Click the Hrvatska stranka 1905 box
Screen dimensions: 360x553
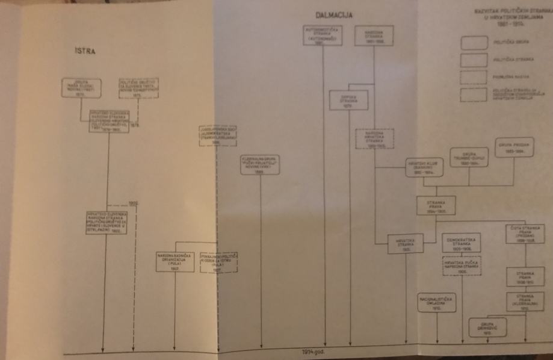click(403, 242)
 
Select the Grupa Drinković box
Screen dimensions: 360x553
click(487, 327)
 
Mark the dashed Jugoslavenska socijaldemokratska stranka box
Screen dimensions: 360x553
click(218, 136)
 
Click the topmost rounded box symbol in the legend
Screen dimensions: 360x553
click(474, 43)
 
